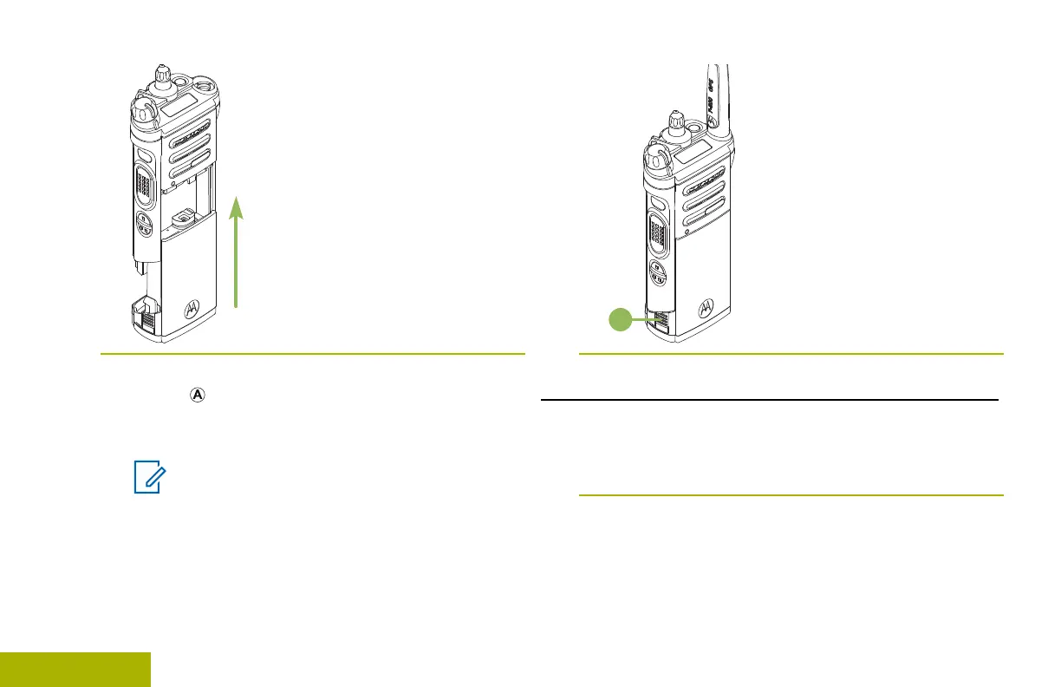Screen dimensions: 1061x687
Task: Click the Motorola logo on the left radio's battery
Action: coord(192,310)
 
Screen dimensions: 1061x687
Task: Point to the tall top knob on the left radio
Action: coord(160,75)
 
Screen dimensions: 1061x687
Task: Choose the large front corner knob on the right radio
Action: coord(654,159)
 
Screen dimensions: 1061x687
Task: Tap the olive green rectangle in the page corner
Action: coord(75,670)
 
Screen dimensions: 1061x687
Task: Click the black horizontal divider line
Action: coord(770,400)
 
